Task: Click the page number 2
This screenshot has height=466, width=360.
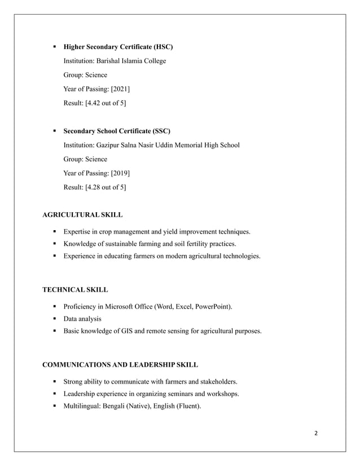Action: click(x=316, y=433)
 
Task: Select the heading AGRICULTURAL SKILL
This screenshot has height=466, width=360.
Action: click(x=82, y=215)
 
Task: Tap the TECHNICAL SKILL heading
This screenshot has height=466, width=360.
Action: click(x=76, y=289)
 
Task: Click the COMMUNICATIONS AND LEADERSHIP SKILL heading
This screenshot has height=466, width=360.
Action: click(x=120, y=364)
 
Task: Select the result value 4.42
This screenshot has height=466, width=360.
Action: click(x=94, y=103)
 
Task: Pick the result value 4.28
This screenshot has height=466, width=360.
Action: click(x=94, y=187)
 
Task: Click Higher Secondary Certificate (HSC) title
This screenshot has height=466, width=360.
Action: click(x=118, y=47)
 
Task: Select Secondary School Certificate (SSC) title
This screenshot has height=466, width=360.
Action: click(x=117, y=131)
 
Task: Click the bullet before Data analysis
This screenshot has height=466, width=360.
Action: click(x=55, y=319)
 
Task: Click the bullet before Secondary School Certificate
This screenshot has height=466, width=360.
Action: click(x=55, y=131)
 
